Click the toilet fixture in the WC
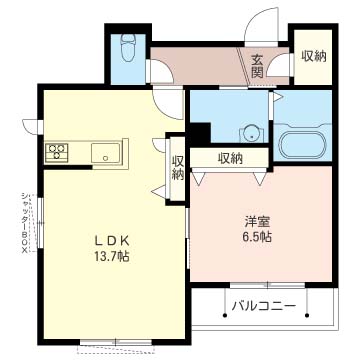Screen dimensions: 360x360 (x=127, y=48)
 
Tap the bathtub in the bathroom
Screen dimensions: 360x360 (x=302, y=145)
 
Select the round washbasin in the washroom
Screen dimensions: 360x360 (x=251, y=135)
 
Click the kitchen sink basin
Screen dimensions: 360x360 (x=105, y=153)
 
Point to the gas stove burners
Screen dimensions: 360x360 (x=57, y=153)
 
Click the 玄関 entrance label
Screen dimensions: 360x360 (x=257, y=66)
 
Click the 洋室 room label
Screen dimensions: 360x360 (x=257, y=221)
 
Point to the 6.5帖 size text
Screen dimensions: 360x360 (x=257, y=237)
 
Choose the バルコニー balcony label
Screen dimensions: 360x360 (x=264, y=306)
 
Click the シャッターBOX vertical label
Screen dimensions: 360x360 (x=24, y=223)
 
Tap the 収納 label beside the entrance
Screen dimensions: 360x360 (x=314, y=56)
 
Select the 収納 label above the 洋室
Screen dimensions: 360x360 (x=230, y=158)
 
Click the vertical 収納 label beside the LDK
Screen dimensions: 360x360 (x=178, y=168)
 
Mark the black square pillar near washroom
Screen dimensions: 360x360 (x=200, y=133)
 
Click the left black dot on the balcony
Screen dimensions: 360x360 (x=225, y=315)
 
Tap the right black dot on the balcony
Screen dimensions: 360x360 (x=307, y=315)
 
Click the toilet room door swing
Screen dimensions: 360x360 (x=162, y=71)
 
